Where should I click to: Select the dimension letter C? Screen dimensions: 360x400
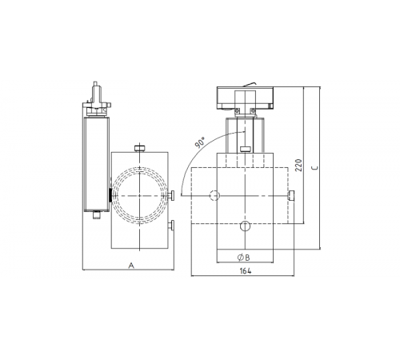tap(314, 169)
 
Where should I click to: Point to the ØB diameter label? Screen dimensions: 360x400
tap(244, 257)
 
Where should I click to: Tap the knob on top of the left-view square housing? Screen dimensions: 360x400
tap(140, 147)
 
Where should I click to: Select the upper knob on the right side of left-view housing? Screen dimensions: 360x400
tap(171, 197)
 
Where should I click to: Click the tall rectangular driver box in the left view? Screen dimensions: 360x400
tap(95, 160)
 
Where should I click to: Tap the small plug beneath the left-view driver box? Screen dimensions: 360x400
tap(95, 214)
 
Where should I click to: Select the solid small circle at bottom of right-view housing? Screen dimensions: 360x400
tap(244, 226)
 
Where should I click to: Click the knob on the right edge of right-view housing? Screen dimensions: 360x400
tap(293, 195)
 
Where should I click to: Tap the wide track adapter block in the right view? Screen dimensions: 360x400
tap(244, 98)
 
